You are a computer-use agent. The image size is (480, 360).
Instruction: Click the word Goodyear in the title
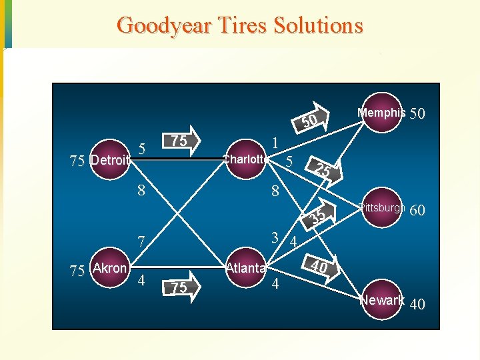coord(163,25)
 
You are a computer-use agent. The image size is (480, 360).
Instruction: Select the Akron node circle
coord(109,269)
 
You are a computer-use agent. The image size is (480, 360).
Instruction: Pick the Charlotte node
coord(246,159)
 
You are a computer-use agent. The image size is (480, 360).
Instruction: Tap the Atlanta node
coord(246,268)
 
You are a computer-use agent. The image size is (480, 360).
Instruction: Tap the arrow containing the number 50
coord(310,120)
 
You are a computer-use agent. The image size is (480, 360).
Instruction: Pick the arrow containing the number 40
coord(321,267)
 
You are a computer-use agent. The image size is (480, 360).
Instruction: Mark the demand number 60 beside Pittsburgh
coord(417,211)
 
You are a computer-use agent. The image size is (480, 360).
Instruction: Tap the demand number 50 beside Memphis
coord(417,114)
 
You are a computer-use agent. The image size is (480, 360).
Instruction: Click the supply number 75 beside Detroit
coord(77,160)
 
